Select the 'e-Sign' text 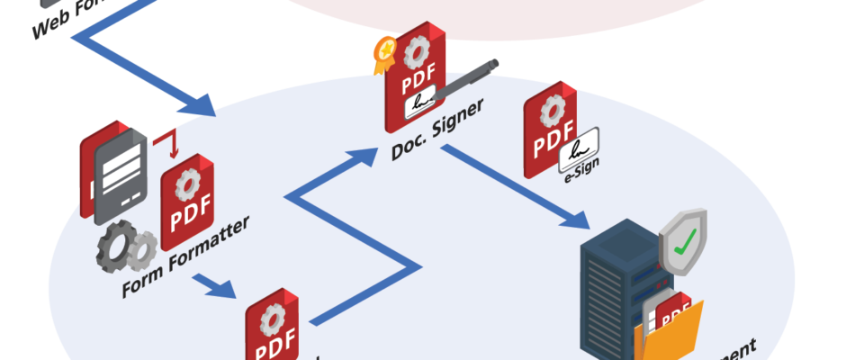point(581,175)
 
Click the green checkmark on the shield point(687,240)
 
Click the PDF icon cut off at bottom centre point(271,328)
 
